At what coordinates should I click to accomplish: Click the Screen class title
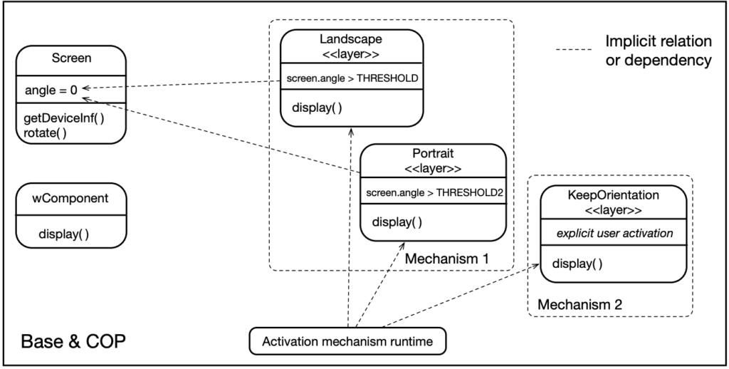pos(70,58)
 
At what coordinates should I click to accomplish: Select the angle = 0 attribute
pos(51,90)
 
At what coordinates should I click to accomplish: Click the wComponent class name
pos(70,198)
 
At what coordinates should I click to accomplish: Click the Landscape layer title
pos(351,40)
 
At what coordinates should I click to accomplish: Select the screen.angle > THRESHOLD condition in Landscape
pos(352,78)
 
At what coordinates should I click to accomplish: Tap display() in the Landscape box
pos(317,108)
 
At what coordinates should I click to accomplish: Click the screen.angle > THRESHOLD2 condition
pos(434,192)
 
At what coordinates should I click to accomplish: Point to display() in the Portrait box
pos(397,222)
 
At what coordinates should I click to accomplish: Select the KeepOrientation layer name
pos(613,195)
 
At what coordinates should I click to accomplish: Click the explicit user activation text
pos(613,232)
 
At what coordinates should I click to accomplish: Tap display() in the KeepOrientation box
pos(577,264)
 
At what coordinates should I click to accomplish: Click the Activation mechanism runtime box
pos(347,341)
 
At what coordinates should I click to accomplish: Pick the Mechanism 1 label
pos(446,259)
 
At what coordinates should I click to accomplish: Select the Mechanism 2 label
pos(579,304)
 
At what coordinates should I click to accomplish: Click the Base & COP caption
pos(73,341)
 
